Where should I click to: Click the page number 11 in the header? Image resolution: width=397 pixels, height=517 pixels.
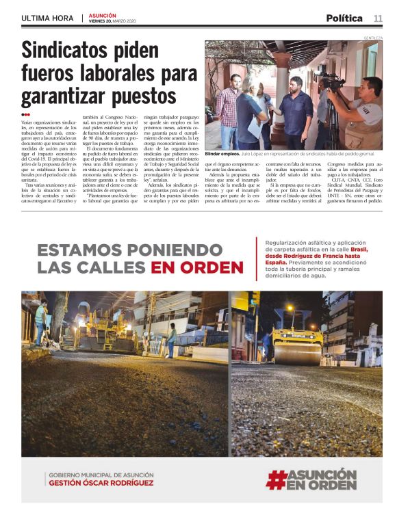click(x=378, y=18)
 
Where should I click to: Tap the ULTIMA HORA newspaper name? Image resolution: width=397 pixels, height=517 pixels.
click(x=48, y=18)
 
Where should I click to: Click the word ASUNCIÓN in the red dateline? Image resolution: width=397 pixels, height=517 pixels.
click(x=103, y=15)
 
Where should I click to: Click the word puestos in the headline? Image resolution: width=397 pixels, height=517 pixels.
click(x=141, y=94)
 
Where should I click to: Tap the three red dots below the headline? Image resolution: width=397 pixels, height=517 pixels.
click(x=26, y=115)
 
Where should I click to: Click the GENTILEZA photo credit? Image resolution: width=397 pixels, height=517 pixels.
click(x=373, y=38)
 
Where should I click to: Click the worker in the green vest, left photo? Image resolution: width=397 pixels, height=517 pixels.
click(x=42, y=321)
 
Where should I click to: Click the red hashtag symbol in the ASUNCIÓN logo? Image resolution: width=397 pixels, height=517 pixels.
click(x=275, y=479)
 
